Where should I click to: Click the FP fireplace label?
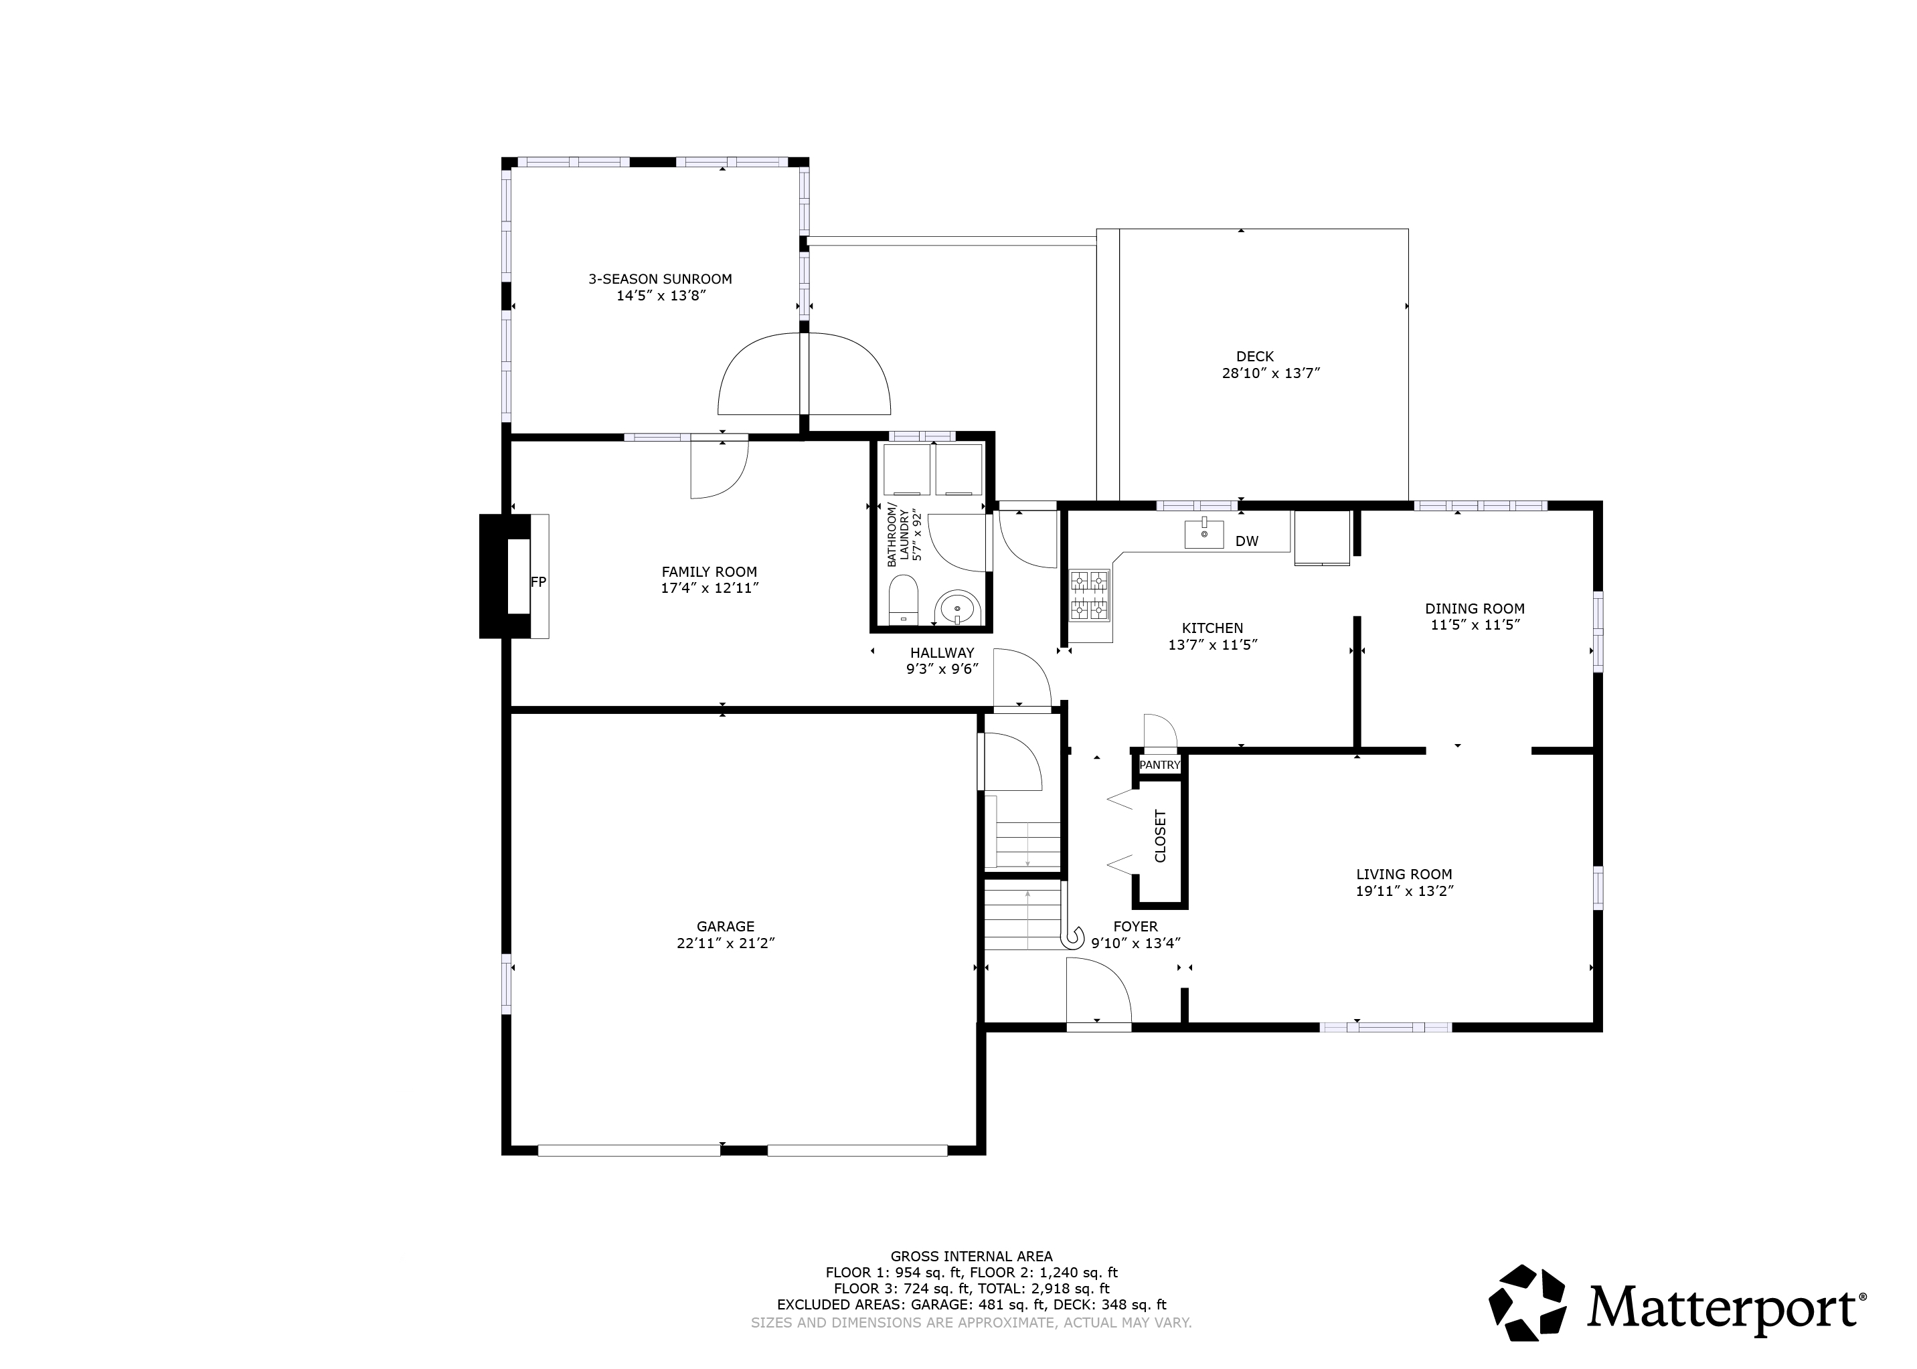click(538, 581)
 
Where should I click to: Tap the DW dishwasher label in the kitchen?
click(1246, 541)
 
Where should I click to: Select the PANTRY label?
click(1160, 765)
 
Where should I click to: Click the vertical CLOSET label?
click(1160, 836)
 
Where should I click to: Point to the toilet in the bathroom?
click(903, 600)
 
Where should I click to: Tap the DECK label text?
click(1255, 357)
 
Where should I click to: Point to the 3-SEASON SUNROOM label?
click(661, 279)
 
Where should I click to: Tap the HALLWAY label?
click(942, 652)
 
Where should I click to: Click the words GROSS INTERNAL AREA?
click(972, 1256)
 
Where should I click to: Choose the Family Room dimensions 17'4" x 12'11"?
click(710, 587)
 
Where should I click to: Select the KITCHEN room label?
click(1213, 628)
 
